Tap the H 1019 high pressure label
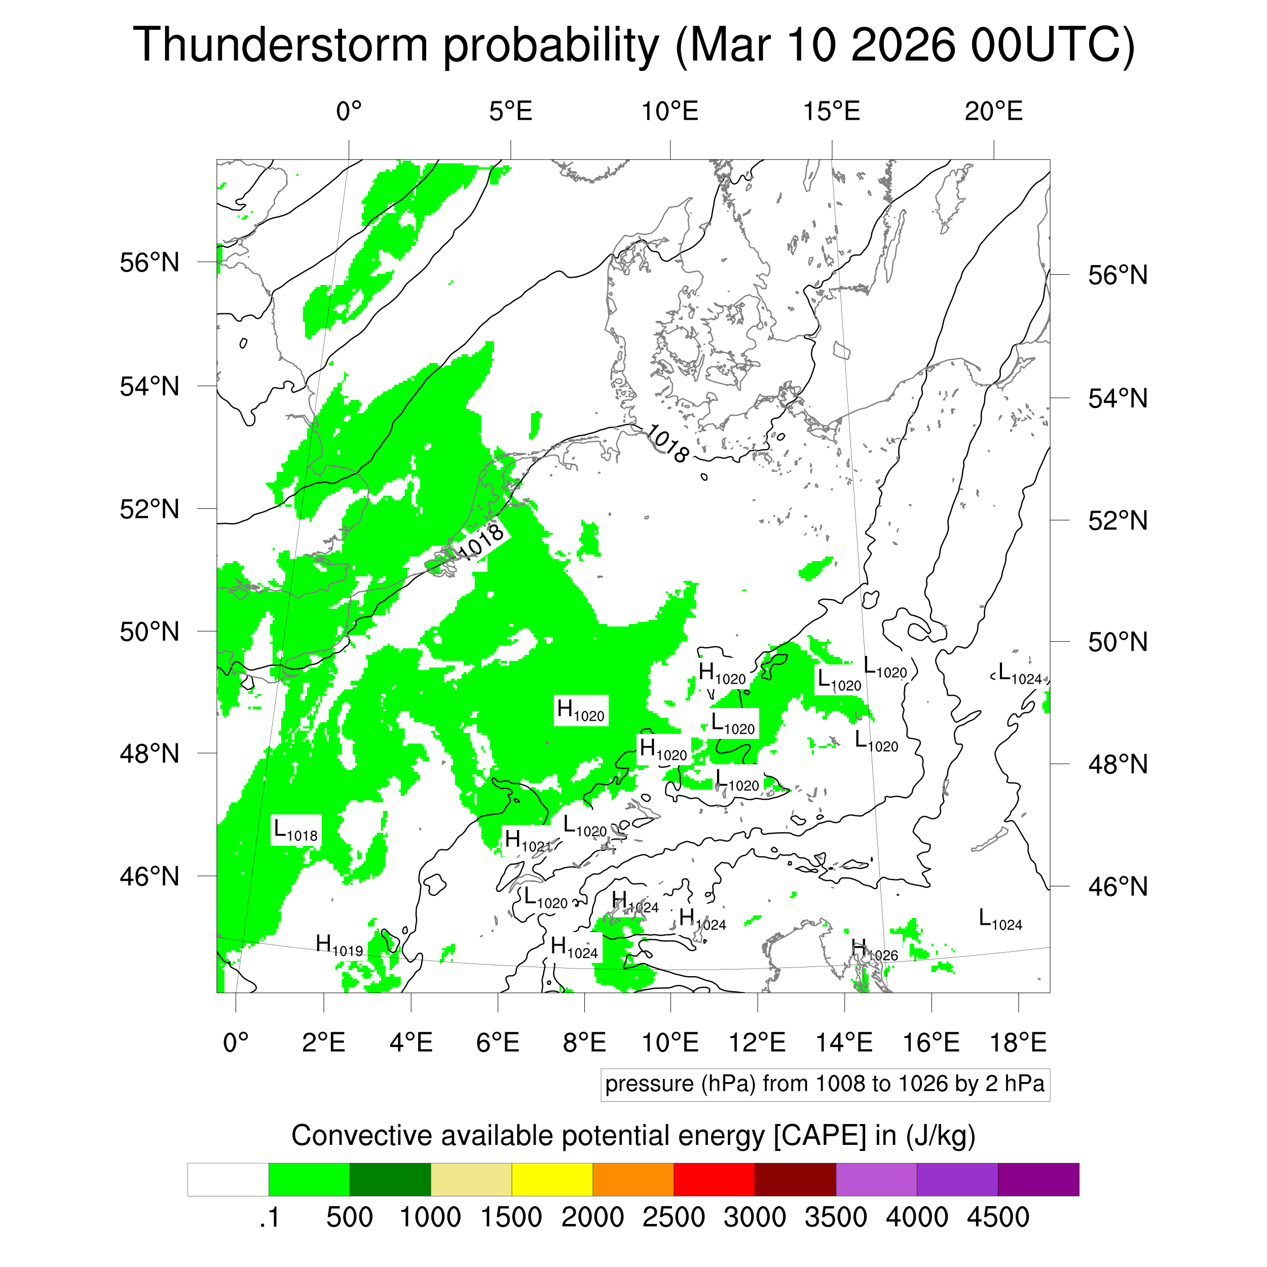pos(339,946)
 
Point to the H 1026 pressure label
pos(874,951)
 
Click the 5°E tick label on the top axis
pos(510,111)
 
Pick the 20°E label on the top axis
pos(993,111)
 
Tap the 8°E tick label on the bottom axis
pos(584,1042)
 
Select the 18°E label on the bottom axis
pos(1018,1042)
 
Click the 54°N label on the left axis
pos(150,386)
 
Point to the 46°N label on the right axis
pos(1117,886)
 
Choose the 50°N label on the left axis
pos(150,631)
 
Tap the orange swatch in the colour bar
pos(633,1180)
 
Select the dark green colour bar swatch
pos(390,1180)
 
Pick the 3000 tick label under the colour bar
pos(754,1217)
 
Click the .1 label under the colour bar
pos(269,1217)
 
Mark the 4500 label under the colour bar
pos(997,1217)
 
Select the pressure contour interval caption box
pos(825,1084)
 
